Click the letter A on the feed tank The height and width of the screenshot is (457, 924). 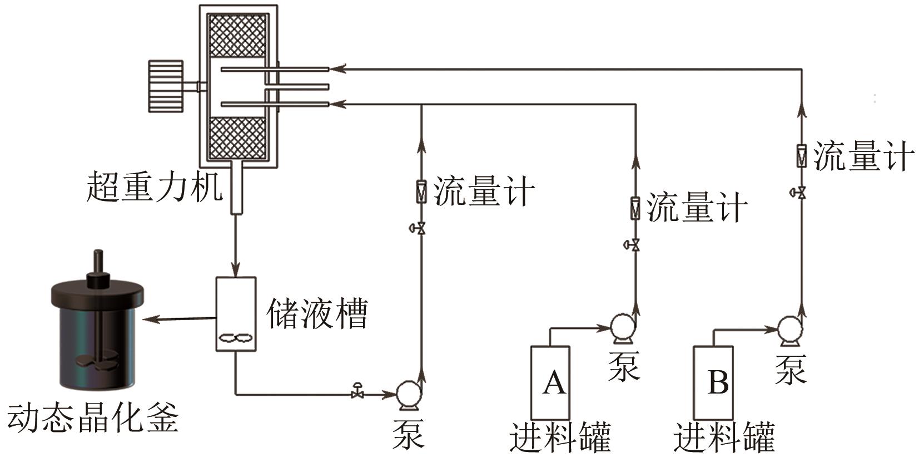click(554, 382)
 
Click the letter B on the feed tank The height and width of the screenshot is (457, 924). click(718, 382)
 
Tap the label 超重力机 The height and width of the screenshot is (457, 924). click(154, 187)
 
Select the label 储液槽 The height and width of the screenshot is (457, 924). click(317, 314)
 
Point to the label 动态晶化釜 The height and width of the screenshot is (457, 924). click(92, 419)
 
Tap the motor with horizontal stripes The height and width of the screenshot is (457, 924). click(166, 86)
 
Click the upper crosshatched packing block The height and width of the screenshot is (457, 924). click(237, 35)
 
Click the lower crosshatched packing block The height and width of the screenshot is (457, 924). click(237, 137)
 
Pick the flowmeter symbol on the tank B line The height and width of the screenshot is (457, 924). click(801, 155)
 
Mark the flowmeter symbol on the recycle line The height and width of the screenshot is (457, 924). click(421, 191)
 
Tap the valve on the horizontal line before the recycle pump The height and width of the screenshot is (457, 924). click(357, 392)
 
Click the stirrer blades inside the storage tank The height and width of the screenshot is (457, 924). click(236, 337)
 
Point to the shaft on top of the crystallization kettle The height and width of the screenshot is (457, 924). click(98, 264)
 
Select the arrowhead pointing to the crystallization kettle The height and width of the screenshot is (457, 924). click(149, 319)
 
